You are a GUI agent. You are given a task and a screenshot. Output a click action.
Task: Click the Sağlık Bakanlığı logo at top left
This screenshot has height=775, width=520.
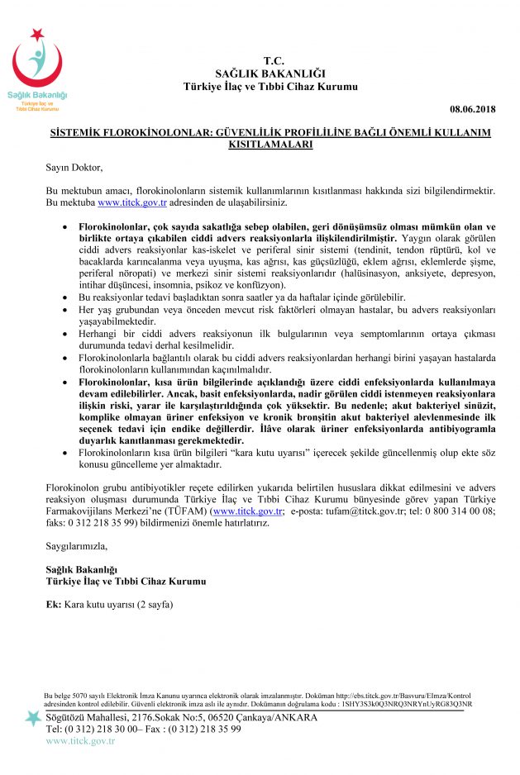click(x=38, y=71)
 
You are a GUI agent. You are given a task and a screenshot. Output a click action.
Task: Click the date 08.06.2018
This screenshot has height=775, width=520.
click(x=472, y=108)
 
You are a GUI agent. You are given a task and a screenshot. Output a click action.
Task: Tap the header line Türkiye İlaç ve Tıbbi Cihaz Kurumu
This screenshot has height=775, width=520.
click(x=271, y=87)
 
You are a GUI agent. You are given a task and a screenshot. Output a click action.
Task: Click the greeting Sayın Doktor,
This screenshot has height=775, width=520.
click(x=74, y=168)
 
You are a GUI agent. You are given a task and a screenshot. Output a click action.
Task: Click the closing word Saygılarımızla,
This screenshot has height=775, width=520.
click(x=77, y=546)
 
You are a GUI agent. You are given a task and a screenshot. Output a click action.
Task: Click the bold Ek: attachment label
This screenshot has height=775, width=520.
click(x=54, y=604)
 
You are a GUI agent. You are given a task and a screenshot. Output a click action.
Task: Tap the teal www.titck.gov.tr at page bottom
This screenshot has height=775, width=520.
click(x=80, y=740)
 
